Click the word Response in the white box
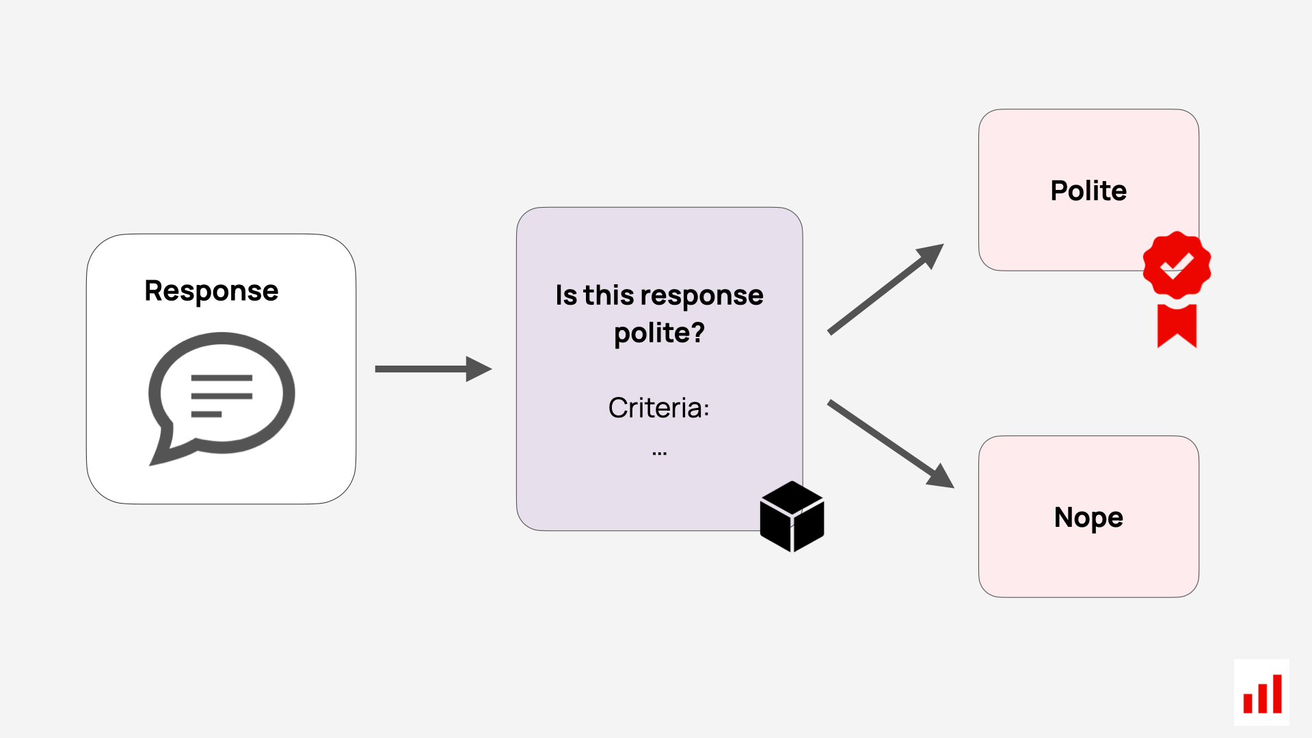coord(211,292)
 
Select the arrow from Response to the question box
coord(433,369)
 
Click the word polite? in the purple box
coord(659,333)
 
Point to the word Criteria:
coord(659,408)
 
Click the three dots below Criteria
coord(659,453)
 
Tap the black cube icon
coord(792,517)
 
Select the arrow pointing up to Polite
coord(886,289)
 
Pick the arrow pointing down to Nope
coord(891,444)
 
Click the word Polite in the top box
coord(1088,191)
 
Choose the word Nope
coord(1088,518)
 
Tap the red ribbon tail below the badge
coord(1177,325)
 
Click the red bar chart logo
coord(1262,693)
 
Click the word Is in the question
coord(566,295)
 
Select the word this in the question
coord(608,295)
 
